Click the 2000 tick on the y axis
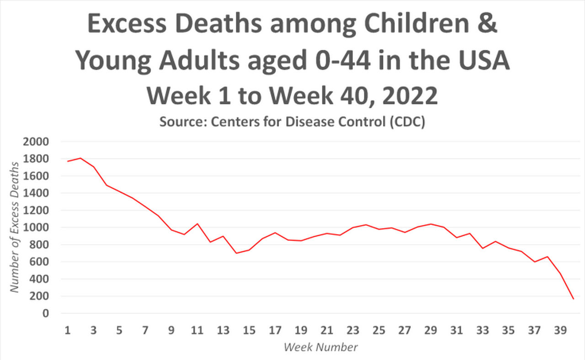pos(36,142)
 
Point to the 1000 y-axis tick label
pos(36,228)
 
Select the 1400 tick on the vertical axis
pos(36,193)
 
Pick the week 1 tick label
pos(68,330)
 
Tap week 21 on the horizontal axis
pos(327,330)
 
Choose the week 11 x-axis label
pos(197,330)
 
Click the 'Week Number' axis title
pos(320,347)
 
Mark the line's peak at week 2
pos(80,158)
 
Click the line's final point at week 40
pos(573,299)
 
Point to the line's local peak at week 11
pos(197,224)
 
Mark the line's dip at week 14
pos(236,253)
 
